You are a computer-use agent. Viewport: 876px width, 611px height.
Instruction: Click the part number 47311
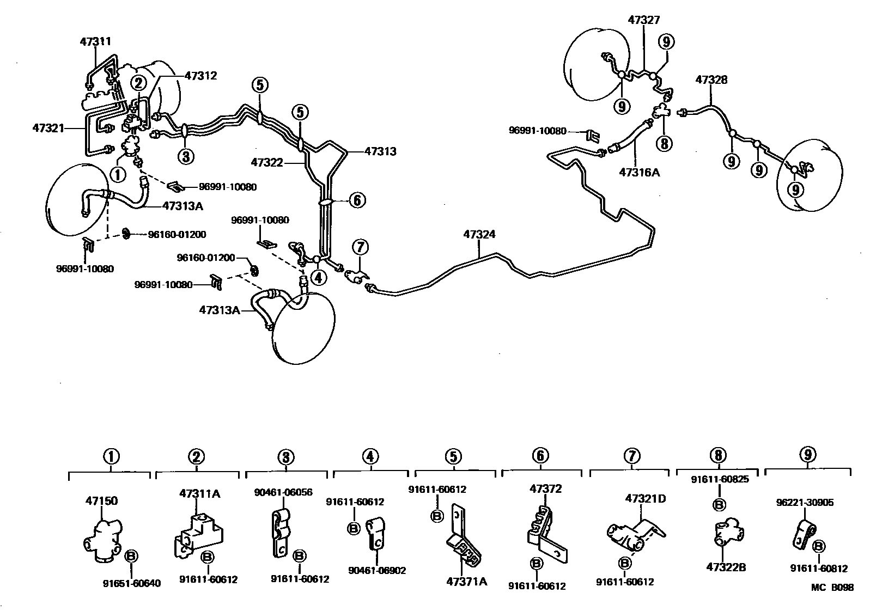pos(95,41)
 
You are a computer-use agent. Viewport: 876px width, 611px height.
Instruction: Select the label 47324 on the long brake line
pos(479,235)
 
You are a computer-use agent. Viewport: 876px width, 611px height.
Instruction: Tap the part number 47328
pos(711,80)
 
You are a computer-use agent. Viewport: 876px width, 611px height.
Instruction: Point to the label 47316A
pos(639,172)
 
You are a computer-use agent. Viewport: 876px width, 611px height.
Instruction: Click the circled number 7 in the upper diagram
pos(360,247)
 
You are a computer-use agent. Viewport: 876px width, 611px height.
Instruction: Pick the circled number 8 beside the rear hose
pos(664,143)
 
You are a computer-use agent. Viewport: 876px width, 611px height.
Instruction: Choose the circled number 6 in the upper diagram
pos(356,200)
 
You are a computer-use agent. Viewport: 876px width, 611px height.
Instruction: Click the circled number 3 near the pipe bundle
pos(185,156)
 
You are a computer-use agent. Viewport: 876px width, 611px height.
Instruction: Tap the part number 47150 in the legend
pos(101,500)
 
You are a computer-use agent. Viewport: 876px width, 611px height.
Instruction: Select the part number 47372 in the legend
pos(545,489)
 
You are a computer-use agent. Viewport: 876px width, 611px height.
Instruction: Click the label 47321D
pos(646,498)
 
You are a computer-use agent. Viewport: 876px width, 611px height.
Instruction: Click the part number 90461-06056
pos(283,492)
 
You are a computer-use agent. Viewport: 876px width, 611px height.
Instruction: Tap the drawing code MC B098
pos(832,588)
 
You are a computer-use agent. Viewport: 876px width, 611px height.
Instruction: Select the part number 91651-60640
pos(132,583)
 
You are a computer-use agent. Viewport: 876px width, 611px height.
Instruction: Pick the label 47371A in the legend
pos(466,581)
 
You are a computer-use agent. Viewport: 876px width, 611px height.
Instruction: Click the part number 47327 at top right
pos(643,20)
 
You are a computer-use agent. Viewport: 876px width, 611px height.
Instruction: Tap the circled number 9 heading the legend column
pos(807,455)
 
